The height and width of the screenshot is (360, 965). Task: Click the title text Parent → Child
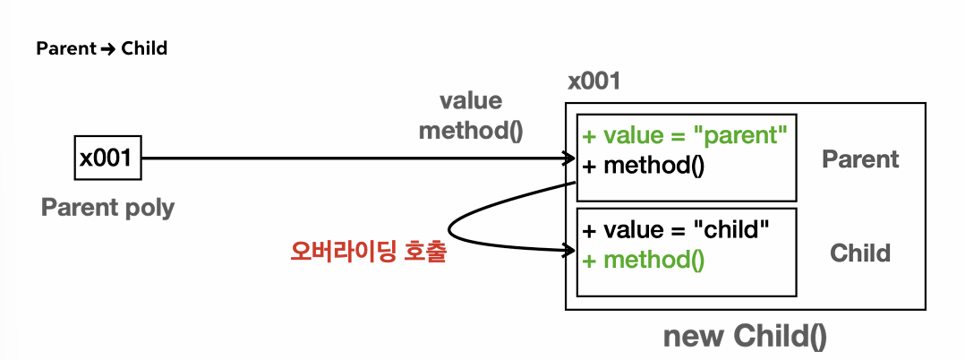tap(101, 48)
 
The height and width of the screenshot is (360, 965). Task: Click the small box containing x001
tap(107, 159)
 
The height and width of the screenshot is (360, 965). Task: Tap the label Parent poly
tap(107, 208)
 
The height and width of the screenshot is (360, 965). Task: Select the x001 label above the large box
tap(594, 82)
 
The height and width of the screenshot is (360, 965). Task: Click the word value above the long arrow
tap(470, 100)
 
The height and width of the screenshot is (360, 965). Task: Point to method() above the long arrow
tap(470, 130)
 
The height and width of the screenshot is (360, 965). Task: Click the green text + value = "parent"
tap(684, 137)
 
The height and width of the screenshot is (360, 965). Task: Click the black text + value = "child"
tap(675, 229)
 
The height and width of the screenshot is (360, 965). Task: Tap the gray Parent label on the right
tap(859, 159)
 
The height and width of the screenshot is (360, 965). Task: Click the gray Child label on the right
tap(859, 253)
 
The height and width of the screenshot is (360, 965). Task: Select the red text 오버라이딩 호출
tap(368, 253)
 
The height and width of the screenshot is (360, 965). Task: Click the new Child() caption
tap(745, 336)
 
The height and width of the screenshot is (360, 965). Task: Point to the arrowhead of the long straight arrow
tap(569, 159)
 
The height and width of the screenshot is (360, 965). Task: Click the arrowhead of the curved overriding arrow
tap(569, 252)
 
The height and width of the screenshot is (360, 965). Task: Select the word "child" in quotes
tap(732, 229)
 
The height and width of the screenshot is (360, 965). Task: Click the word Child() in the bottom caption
tap(780, 336)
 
